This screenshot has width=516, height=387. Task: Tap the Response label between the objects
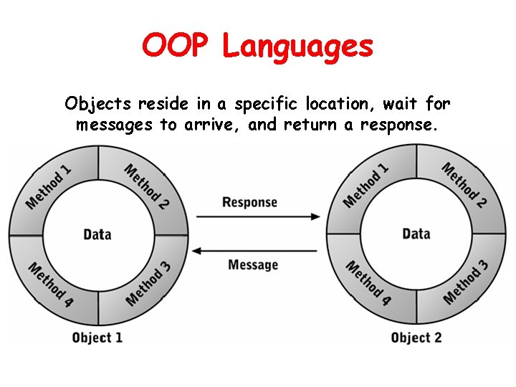click(x=249, y=202)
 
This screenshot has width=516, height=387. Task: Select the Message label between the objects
click(x=252, y=264)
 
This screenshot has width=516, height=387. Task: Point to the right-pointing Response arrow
click(x=257, y=216)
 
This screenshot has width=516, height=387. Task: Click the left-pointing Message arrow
click(x=257, y=250)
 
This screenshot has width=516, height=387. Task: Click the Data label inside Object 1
click(x=97, y=234)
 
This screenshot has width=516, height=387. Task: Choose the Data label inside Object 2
click(x=416, y=234)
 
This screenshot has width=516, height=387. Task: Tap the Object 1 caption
click(x=97, y=337)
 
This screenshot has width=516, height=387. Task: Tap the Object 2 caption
click(x=416, y=337)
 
